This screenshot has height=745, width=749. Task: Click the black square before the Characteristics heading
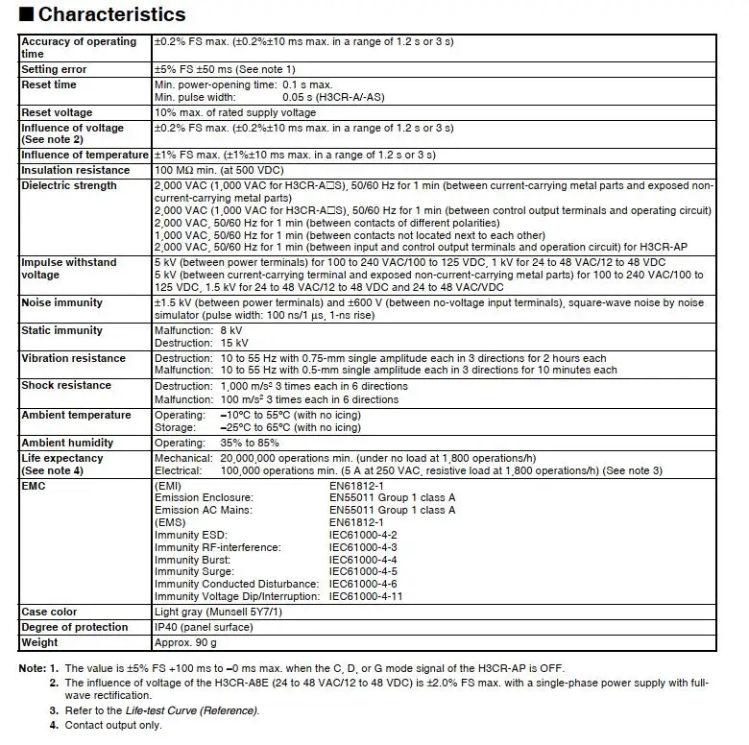[x=27, y=15]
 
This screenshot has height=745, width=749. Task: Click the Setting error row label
[x=54, y=69]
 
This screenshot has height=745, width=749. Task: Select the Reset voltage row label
[x=57, y=112]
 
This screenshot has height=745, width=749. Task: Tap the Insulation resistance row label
[x=75, y=170]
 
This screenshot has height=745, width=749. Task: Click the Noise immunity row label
[x=61, y=302]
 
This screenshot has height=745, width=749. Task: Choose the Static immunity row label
[x=62, y=330]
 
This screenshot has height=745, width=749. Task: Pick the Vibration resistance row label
[x=73, y=358]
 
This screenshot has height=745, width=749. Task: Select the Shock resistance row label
[x=66, y=385]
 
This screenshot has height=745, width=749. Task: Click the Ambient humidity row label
[x=67, y=443]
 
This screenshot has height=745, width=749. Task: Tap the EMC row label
[x=34, y=486]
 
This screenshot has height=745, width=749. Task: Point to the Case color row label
[x=49, y=612]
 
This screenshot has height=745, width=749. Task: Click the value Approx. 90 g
[x=186, y=642]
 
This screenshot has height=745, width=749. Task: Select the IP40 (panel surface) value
[x=204, y=627]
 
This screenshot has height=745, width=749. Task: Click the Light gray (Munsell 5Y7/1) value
[x=216, y=612]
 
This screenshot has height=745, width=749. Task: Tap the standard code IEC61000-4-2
[x=363, y=535]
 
